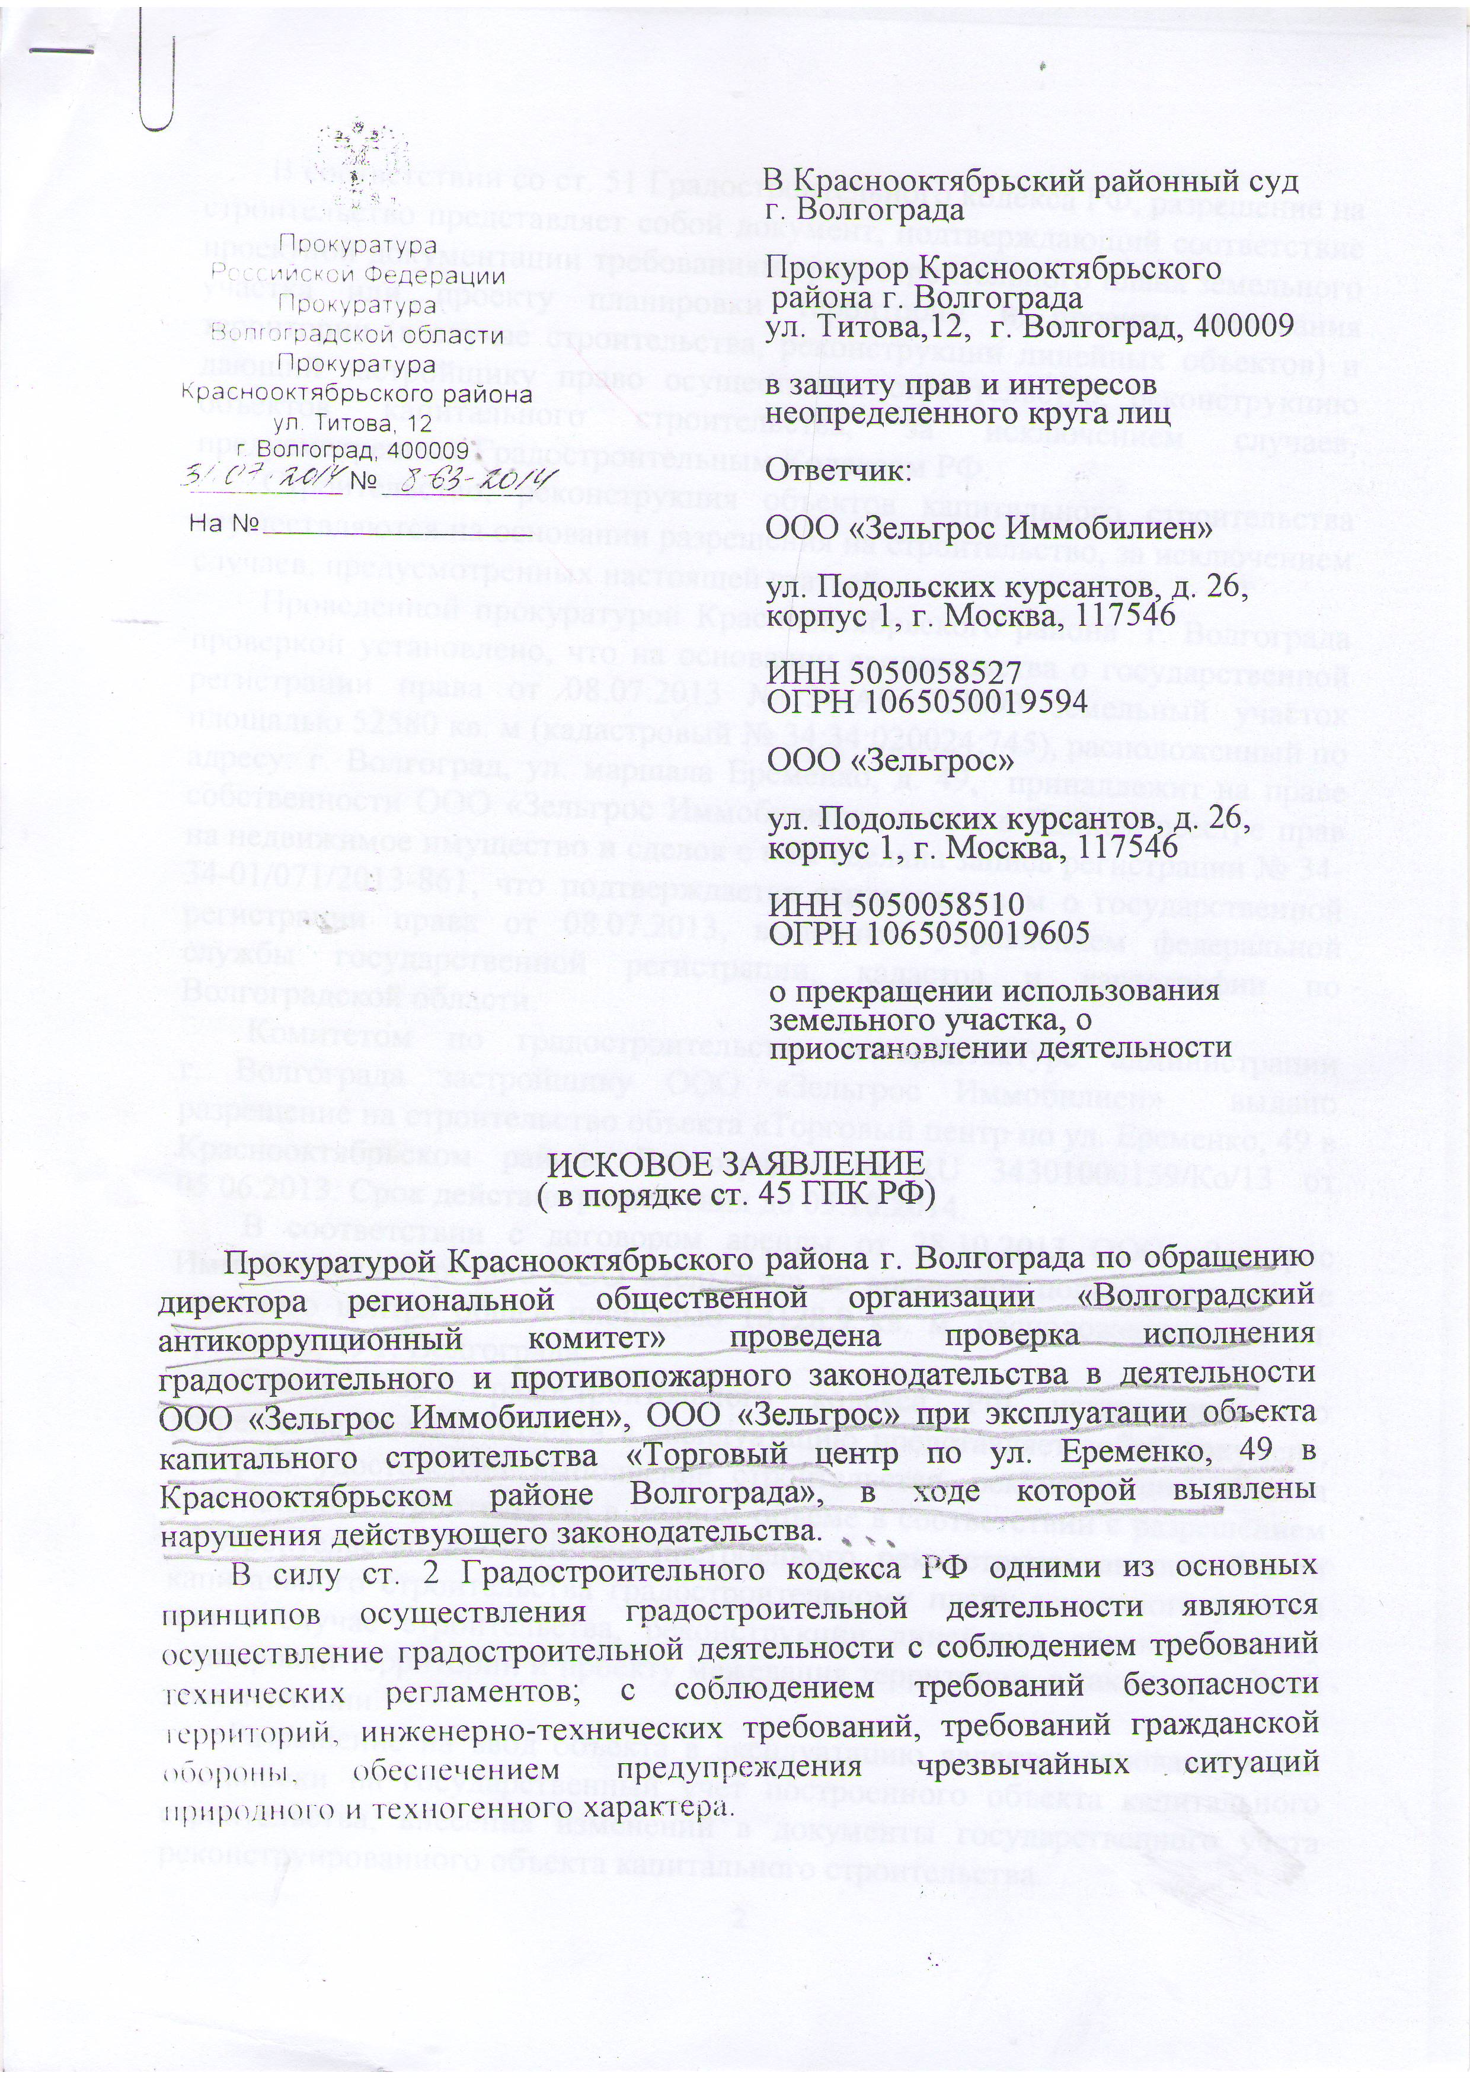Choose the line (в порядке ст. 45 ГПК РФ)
pyautogui.click(x=737, y=1198)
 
